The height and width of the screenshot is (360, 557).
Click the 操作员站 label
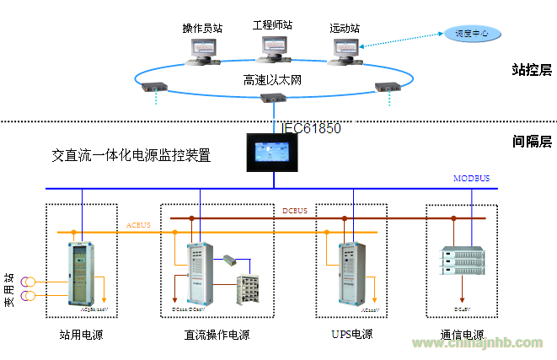click(x=202, y=28)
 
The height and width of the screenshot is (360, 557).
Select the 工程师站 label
click(x=272, y=24)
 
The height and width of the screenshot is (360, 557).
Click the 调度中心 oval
click(x=472, y=34)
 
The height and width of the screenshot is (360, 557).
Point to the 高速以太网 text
click(x=271, y=80)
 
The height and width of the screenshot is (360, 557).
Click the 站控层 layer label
click(x=531, y=71)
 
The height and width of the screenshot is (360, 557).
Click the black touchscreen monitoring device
click(x=274, y=152)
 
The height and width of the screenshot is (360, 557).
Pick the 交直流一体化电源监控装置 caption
click(x=131, y=155)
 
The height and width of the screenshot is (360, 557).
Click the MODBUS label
click(x=472, y=179)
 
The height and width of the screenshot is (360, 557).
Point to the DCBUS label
click(x=295, y=210)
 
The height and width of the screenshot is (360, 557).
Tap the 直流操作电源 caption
click(x=217, y=335)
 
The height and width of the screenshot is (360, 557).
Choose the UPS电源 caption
click(x=352, y=334)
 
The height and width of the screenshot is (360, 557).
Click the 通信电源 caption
click(x=461, y=335)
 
